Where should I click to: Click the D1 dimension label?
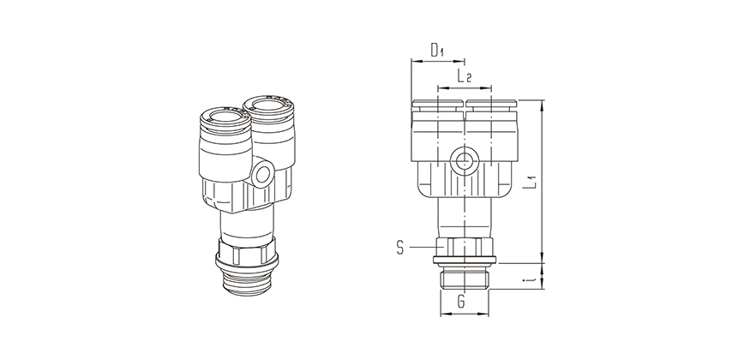[436, 51]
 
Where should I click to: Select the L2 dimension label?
[464, 76]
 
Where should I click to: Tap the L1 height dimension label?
[531, 181]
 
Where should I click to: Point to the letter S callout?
[401, 248]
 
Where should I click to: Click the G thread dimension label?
[461, 303]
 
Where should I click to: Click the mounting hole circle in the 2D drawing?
[464, 159]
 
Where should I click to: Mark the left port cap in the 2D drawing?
[437, 107]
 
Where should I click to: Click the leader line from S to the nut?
[422, 248]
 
